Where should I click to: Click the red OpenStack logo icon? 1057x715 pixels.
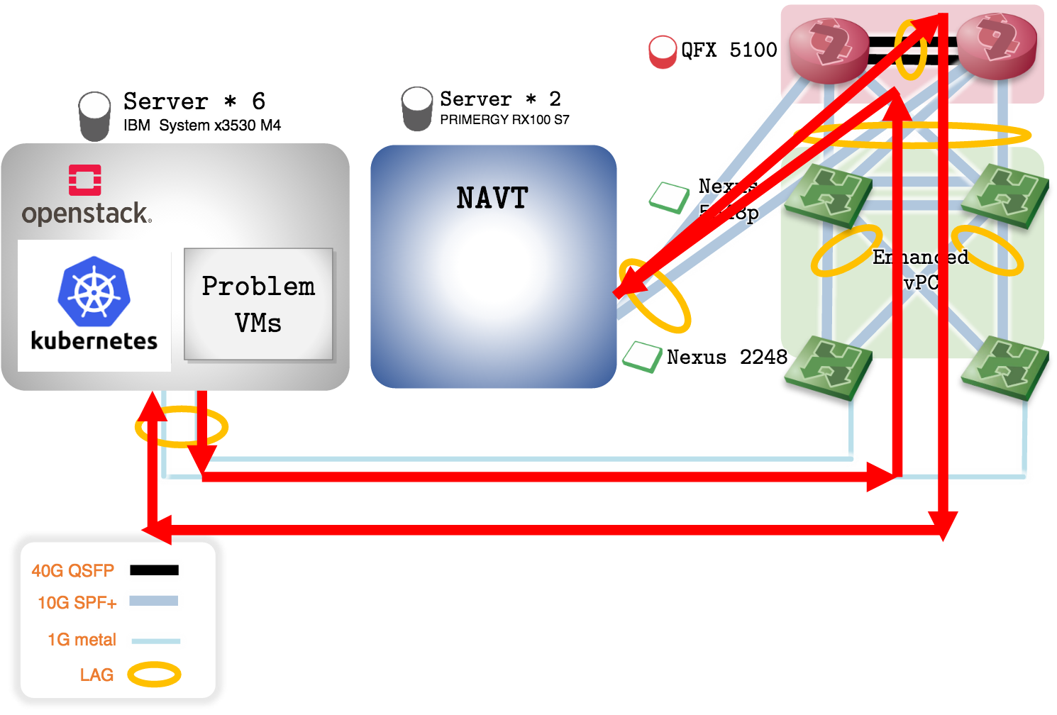pos(84,179)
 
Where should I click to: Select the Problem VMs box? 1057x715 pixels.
pos(258,304)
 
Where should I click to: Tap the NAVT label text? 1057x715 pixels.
pos(492,198)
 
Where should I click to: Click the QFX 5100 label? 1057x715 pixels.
pos(729,50)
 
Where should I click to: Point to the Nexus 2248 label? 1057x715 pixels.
pos(726,357)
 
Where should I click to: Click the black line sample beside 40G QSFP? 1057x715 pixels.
pos(154,570)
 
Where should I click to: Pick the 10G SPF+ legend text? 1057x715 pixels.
pos(77,603)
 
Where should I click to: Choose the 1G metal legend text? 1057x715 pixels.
pos(82,640)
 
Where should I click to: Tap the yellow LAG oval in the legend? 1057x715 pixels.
pos(154,674)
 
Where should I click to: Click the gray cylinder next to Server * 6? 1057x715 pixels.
pos(94,116)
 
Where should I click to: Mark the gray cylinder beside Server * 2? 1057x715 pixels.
pos(417,108)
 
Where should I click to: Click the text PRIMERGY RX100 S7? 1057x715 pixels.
pos(504,120)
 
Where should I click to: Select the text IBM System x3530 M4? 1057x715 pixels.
pos(202,126)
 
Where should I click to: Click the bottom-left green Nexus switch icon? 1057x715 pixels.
pos(829,367)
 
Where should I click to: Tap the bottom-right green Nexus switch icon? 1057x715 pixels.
pos(1005,367)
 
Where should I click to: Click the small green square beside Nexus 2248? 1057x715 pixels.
pos(642,357)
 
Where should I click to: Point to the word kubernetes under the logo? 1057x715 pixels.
pos(94,341)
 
